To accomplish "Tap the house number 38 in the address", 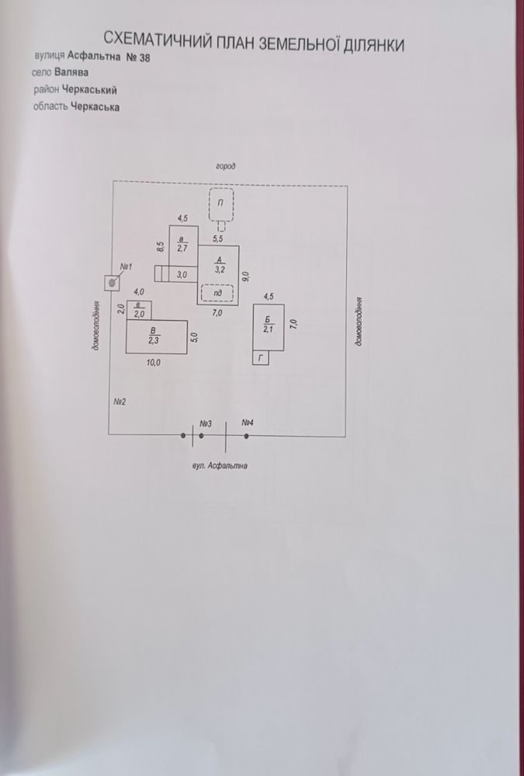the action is point(144,57).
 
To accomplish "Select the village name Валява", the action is point(71,72).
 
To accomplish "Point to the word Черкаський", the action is point(93,90).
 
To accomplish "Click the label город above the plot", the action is point(226,167).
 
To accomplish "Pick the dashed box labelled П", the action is point(220,204).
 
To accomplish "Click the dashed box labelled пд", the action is point(217,294).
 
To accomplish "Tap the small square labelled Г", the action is point(261,358).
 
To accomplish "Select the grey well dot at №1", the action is point(113,283).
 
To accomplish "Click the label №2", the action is point(120,402).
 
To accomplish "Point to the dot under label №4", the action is point(246,436).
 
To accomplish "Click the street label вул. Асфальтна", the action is point(219,466).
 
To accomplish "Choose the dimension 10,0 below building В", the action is point(154,362).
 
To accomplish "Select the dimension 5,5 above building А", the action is point(218,238).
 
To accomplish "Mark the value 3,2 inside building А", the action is point(220,270).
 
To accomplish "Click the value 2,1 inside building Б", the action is point(268,330).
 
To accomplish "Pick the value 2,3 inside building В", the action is point(154,340).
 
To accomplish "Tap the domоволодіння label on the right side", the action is point(358,321).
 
